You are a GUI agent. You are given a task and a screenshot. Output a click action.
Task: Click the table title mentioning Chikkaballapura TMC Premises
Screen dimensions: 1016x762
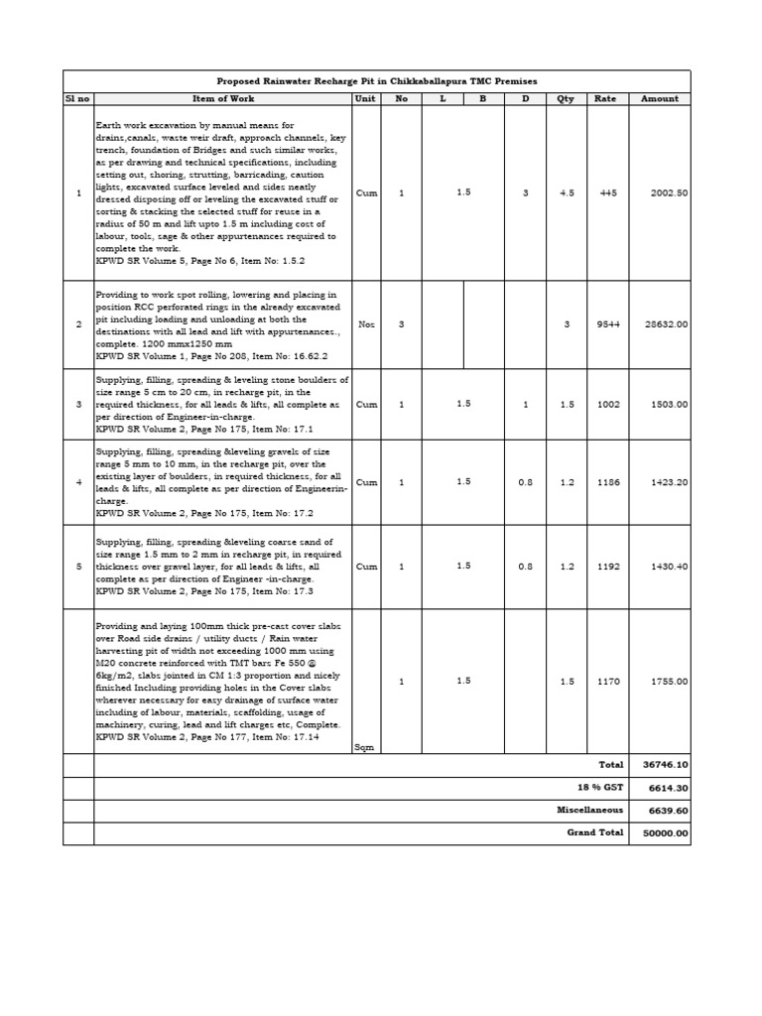(376, 80)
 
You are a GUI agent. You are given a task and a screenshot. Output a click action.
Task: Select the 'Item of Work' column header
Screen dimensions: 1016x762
(222, 99)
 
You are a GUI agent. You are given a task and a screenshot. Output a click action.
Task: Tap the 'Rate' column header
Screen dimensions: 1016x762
(605, 99)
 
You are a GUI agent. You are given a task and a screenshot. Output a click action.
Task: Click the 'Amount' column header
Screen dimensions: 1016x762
(660, 99)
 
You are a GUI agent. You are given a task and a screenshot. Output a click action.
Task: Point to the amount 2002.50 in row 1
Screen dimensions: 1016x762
(670, 193)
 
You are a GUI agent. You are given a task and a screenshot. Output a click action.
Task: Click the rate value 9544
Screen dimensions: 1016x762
(608, 324)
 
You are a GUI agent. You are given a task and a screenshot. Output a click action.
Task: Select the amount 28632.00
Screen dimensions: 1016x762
(667, 324)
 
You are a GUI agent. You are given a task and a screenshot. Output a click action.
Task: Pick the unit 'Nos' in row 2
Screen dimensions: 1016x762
(366, 324)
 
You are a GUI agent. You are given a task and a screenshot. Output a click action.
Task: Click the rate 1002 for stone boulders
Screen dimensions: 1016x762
(608, 405)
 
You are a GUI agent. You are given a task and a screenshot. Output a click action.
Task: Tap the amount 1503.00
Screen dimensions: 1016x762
(670, 405)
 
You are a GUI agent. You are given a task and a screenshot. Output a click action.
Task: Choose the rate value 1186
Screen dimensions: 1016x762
(608, 482)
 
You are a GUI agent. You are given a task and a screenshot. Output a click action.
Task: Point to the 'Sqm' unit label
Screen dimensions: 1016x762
(364, 747)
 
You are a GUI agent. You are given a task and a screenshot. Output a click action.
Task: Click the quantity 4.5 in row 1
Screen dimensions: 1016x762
(566, 193)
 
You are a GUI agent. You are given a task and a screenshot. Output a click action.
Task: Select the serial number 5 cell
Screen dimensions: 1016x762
(78, 567)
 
